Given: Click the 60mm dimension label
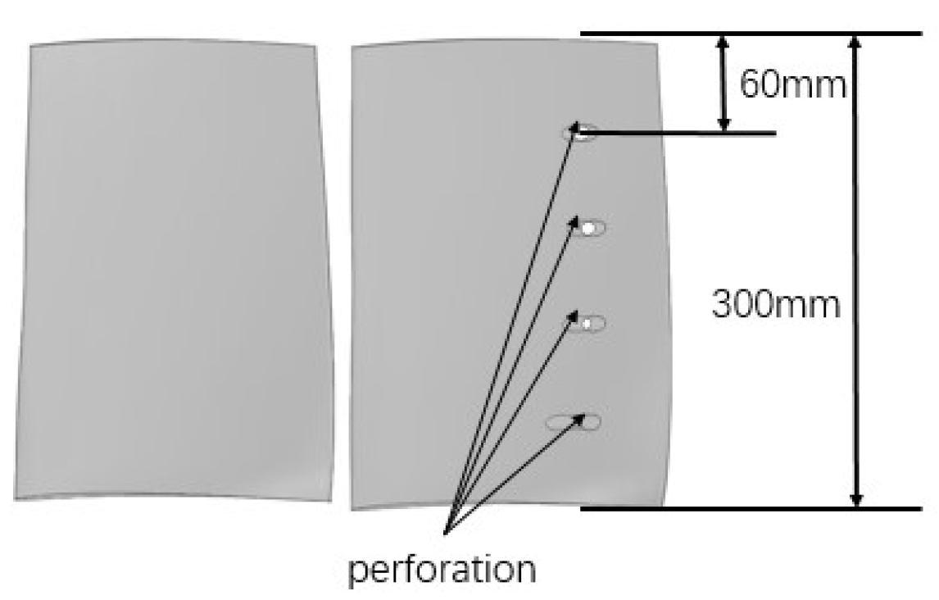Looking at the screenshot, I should [792, 84].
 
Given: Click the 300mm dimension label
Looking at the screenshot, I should [775, 306].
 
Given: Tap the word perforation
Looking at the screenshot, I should [442, 569].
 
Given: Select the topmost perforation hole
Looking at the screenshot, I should [583, 132].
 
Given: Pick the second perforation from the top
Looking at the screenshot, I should [589, 229].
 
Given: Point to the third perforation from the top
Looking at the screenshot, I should [587, 324].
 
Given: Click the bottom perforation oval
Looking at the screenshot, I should [574, 422].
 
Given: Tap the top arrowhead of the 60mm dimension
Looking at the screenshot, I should [723, 41].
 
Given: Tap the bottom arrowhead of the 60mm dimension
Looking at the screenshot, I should [723, 124].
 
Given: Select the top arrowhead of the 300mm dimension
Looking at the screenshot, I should [855, 41].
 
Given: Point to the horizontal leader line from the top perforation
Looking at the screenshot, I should [680, 132].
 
